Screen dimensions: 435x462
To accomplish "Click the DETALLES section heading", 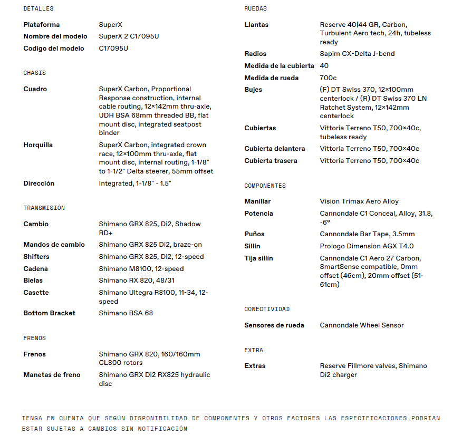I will click(x=38, y=8).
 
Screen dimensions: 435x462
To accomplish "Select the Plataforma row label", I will click(x=42, y=25).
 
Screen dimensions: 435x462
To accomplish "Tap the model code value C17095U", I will click(x=113, y=49).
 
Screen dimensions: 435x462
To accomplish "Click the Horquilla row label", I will click(x=38, y=145).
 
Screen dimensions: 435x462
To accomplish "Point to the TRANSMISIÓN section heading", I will click(x=44, y=208).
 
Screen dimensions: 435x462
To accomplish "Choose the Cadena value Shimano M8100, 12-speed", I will click(x=141, y=269).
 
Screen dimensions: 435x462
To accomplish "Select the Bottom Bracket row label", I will click(x=49, y=313).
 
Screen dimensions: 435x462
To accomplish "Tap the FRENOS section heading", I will click(x=34, y=338).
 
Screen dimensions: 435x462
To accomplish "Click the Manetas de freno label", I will click(x=52, y=375).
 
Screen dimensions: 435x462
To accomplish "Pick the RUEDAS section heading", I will click(x=255, y=8).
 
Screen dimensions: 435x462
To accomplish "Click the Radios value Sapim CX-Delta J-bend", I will click(x=357, y=54).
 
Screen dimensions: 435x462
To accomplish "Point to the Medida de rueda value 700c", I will click(x=328, y=78).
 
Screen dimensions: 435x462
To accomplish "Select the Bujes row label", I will click(x=253, y=90).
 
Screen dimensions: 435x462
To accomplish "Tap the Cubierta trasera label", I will click(x=271, y=161).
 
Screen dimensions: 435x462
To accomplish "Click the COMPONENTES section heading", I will click(x=265, y=186).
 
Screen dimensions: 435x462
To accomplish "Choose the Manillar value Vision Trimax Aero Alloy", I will click(x=359, y=201).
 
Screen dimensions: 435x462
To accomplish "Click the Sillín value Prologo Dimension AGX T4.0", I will click(x=367, y=246).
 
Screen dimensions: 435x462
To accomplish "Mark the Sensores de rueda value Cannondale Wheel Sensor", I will click(x=362, y=325).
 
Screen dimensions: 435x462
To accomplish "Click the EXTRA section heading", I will click(x=253, y=350).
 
